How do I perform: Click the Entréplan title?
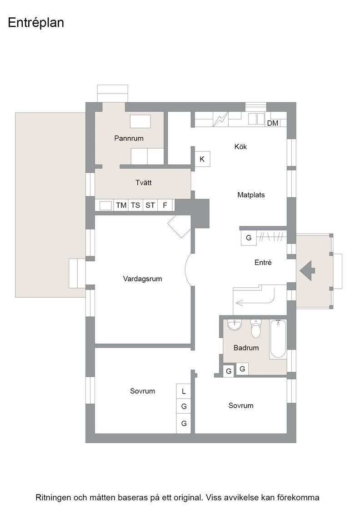pos(36,23)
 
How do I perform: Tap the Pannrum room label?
pos(129,138)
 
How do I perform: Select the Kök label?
pos(240,147)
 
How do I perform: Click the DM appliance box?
pos(273,123)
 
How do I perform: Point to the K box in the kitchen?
pos(202,159)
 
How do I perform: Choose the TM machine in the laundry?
pos(121,205)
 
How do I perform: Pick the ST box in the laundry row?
pos(150,205)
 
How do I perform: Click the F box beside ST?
pos(165,205)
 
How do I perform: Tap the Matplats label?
pos(251,195)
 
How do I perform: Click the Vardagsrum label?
pos(143,279)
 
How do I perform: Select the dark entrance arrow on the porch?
pos(307,271)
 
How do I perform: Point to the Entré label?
pos(263,262)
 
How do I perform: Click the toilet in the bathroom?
pos(256,329)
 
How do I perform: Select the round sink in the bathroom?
pos(235,325)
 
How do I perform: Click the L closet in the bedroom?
pos(184,391)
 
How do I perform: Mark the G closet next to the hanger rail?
pos(249,238)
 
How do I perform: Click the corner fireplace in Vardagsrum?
pos(179,226)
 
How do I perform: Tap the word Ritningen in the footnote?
pos(53,497)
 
